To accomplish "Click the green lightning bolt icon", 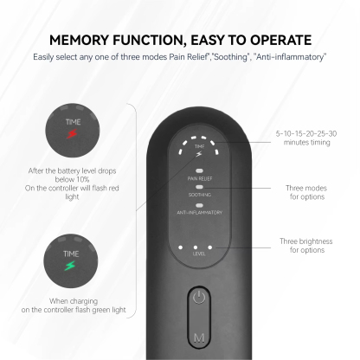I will pos(71,266).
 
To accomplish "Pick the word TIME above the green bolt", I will pos(71,252).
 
